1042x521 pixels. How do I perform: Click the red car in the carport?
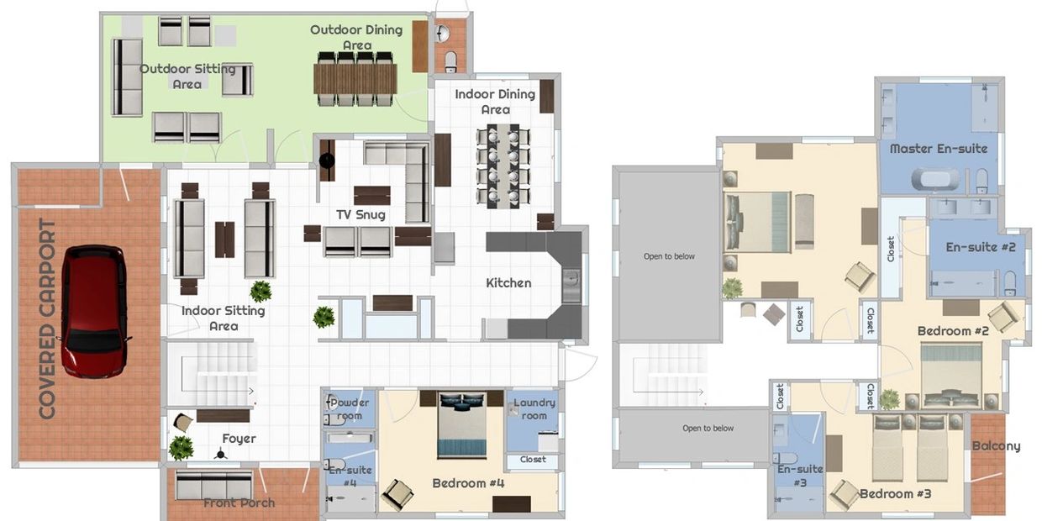95,312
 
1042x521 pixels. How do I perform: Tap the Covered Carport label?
47,319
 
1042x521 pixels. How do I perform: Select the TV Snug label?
361,215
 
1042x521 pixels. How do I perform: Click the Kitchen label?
508,283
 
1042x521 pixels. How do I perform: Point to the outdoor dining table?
355,78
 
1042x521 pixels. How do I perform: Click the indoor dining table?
503,166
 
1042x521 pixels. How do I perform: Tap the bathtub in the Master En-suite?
935,180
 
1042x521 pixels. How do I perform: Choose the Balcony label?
997,446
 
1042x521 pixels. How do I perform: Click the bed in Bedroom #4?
462,424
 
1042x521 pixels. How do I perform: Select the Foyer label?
239,439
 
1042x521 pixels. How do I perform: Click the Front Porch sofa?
213,486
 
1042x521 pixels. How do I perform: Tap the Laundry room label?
534,409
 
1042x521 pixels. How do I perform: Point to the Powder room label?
350,409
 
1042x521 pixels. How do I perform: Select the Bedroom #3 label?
896,493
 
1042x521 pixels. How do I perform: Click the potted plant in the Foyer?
181,448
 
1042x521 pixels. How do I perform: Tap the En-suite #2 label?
981,247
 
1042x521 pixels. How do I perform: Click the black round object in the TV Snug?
327,161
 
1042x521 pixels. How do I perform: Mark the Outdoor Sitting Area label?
187,76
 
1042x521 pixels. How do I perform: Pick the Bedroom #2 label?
953,331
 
